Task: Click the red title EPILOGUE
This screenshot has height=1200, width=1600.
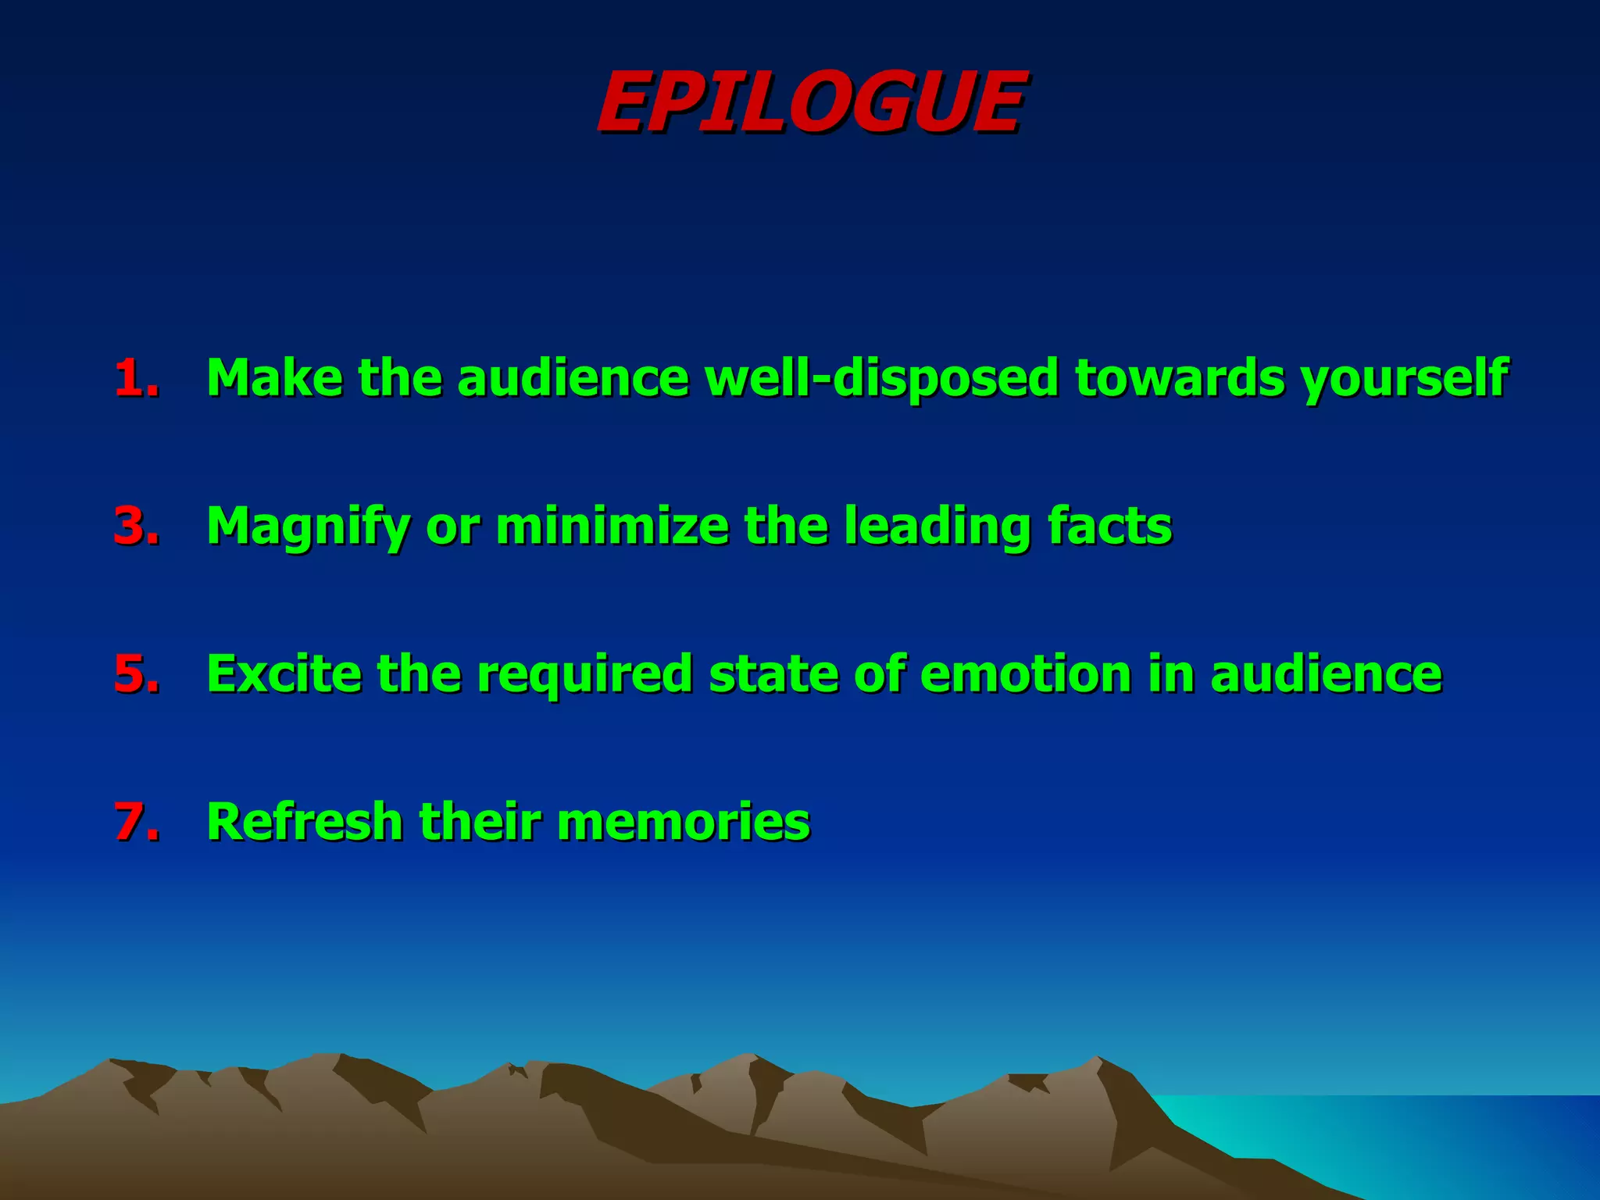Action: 811,102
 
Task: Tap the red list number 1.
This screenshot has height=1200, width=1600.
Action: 136,378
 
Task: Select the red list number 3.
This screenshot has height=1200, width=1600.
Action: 136,526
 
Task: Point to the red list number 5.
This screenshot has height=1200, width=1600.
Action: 136,673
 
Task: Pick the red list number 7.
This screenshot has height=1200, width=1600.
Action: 136,822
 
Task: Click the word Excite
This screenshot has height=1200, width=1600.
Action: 284,673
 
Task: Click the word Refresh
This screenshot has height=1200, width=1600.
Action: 304,822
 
